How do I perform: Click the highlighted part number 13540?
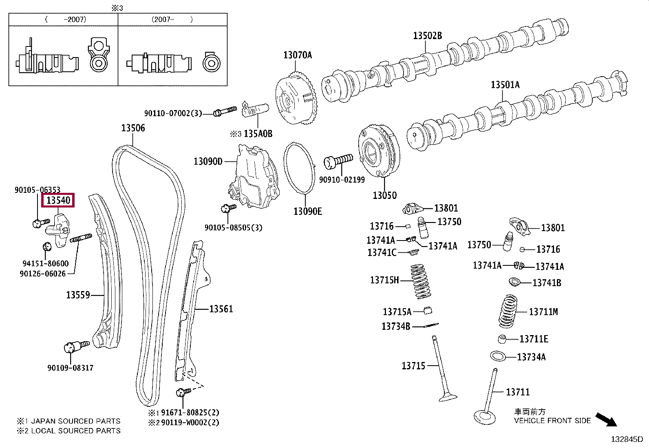pyautogui.click(x=58, y=200)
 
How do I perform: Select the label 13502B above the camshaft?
pyautogui.click(x=427, y=35)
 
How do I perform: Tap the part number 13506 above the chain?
pyautogui.click(x=133, y=128)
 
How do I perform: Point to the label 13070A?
pyautogui.click(x=298, y=55)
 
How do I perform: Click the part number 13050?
pyautogui.click(x=384, y=195)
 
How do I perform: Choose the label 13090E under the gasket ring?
pyautogui.click(x=308, y=211)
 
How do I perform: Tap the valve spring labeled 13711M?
pyautogui.click(x=508, y=311)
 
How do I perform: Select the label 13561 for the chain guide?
pyautogui.click(x=221, y=309)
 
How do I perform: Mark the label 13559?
pyautogui.click(x=78, y=295)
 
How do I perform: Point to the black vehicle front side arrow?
pyautogui.click(x=606, y=420)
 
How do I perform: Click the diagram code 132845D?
pyautogui.click(x=627, y=439)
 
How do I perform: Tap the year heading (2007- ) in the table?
pyautogui.click(x=172, y=20)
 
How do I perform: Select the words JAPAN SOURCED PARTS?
pyautogui.click(x=75, y=421)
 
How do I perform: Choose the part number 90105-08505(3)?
pyautogui.click(x=233, y=227)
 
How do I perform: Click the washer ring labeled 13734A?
pyautogui.click(x=498, y=356)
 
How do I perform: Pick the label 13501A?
pyautogui.click(x=505, y=85)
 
